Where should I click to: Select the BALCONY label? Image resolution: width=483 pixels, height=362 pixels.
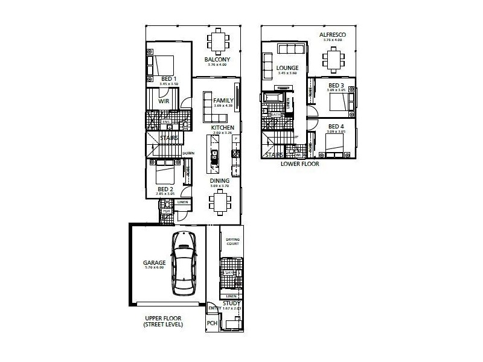click(x=216, y=60)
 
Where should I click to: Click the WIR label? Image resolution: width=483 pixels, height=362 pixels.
click(x=163, y=102)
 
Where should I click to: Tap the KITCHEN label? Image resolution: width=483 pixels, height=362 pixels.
click(x=222, y=128)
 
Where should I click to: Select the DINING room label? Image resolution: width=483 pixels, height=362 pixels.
click(x=219, y=180)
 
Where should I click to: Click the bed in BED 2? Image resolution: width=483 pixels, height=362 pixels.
click(x=165, y=175)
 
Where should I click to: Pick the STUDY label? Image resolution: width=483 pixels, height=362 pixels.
click(x=231, y=304)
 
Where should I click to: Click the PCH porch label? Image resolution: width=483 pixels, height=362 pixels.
click(x=212, y=323)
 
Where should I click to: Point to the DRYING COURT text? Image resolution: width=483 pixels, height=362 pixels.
click(x=232, y=241)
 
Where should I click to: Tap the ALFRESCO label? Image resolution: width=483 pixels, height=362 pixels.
click(x=332, y=35)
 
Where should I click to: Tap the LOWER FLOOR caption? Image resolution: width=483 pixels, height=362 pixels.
click(x=299, y=164)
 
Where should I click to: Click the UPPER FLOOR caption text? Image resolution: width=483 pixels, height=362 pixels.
click(x=163, y=318)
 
